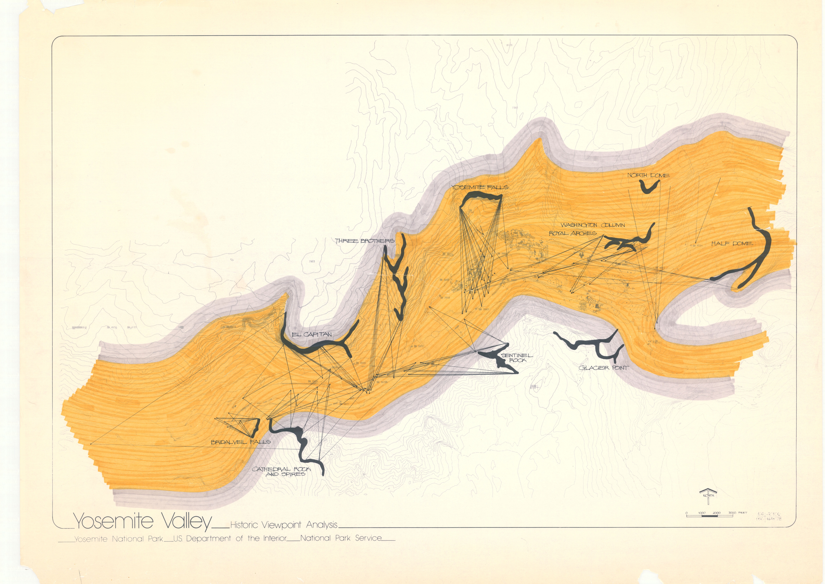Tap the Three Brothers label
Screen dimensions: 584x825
pos(365,241)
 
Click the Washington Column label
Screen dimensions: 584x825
pos(593,225)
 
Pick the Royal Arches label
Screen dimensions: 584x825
pos(572,233)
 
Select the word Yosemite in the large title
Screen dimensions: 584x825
pos(113,521)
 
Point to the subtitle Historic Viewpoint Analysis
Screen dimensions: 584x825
pos(284,525)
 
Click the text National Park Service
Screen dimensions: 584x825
pos(341,538)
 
